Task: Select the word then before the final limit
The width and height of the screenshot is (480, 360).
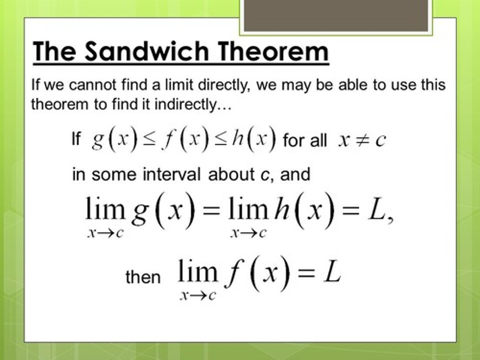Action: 143,277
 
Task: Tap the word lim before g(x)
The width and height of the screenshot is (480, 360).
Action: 105,209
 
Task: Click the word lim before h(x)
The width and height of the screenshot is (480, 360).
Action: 248,209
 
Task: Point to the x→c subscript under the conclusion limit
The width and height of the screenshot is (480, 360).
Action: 198,295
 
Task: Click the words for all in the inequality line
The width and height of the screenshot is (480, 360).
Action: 305,140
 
